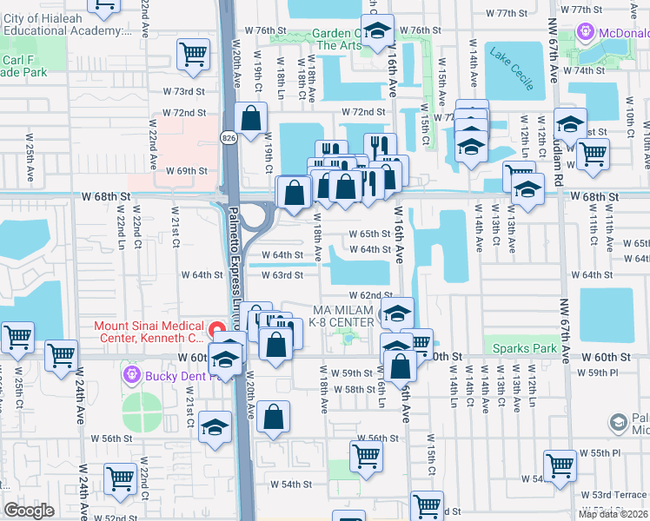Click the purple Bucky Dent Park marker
pyautogui.click(x=132, y=375)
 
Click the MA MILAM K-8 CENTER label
pyautogui.click(x=343, y=316)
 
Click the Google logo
pyautogui.click(x=29, y=511)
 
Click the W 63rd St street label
pyautogui.click(x=282, y=275)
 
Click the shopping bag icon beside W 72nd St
pyautogui.click(x=250, y=120)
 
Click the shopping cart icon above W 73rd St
pyautogui.click(x=192, y=54)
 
